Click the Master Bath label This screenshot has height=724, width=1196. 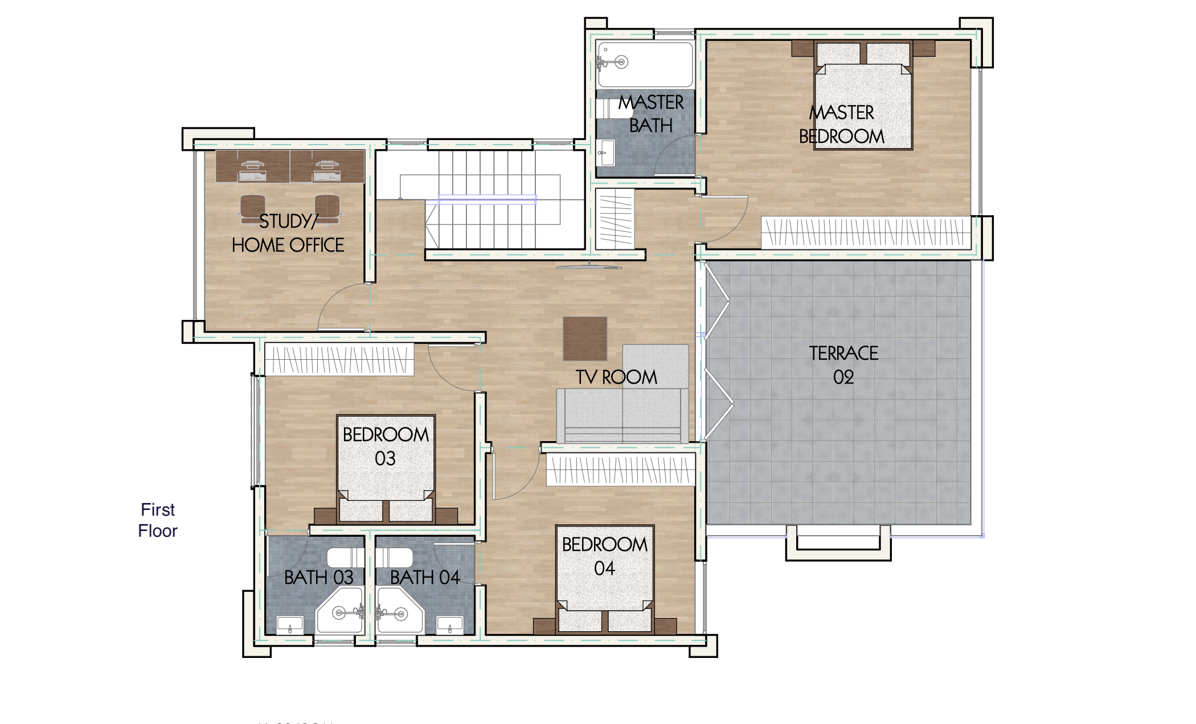[x=651, y=114]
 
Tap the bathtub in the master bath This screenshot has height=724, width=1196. [x=645, y=64]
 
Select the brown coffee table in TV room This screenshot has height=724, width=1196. [x=585, y=339]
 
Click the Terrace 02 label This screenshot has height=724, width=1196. [x=843, y=365]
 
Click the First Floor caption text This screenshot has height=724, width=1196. [x=158, y=520]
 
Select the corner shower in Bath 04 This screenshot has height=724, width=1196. [x=399, y=612]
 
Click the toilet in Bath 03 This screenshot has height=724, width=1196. [x=346, y=558]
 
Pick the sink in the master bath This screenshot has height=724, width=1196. [x=605, y=153]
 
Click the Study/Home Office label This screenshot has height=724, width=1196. [x=288, y=233]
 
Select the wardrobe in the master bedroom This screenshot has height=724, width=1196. [x=866, y=232]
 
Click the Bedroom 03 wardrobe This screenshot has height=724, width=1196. [x=339, y=359]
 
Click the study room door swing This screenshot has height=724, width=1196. [x=342, y=307]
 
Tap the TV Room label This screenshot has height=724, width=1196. [x=616, y=377]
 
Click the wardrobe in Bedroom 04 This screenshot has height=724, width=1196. [x=620, y=471]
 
